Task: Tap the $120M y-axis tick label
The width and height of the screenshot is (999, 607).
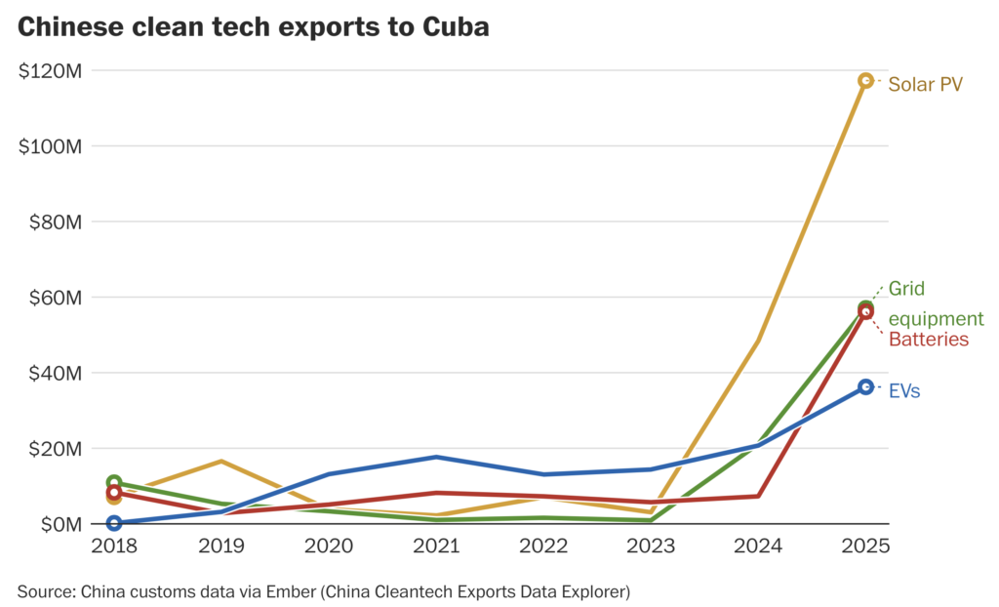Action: pos(49,70)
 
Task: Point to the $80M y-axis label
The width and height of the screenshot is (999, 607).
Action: pos(54,222)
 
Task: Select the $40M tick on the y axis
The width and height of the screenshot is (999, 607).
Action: pos(54,373)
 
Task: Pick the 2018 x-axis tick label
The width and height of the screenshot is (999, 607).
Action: pos(113,546)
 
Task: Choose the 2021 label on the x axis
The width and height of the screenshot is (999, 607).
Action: pos(435,546)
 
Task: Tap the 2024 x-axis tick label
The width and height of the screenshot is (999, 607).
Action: pos(758,546)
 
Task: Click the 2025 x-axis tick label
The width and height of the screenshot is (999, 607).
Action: pos(865,546)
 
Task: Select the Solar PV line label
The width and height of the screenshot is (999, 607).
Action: pos(925,84)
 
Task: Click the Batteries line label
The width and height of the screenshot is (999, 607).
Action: pos(928,340)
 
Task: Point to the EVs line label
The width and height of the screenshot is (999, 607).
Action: pos(904,391)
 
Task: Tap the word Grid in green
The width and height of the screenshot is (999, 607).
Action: pos(906,289)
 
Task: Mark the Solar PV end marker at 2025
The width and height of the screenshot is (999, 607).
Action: pos(865,80)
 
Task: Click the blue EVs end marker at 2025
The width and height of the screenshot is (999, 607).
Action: pos(865,387)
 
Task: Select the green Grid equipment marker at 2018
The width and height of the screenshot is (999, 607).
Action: pos(113,483)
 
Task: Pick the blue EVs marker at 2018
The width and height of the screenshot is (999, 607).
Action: pos(113,523)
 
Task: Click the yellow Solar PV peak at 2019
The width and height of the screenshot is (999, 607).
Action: pos(220,461)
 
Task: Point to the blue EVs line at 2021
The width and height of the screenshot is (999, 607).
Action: pos(435,457)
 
